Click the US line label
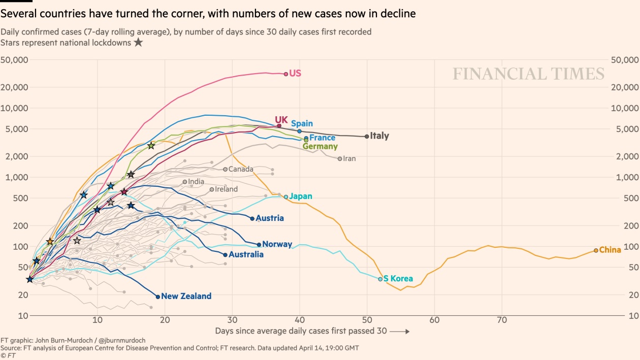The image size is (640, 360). (x=295, y=73)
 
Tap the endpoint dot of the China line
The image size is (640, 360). (x=596, y=250)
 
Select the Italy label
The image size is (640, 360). (x=379, y=136)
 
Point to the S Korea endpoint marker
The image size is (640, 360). (x=380, y=279)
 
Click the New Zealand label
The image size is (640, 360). (x=186, y=296)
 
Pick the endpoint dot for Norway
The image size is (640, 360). (x=259, y=245)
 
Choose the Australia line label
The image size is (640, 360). (x=246, y=254)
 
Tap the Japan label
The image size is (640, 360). (x=301, y=196)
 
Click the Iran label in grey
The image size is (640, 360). (x=349, y=158)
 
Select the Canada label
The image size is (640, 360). (x=241, y=169)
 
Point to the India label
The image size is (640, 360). (x=196, y=182)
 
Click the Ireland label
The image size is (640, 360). (x=226, y=189)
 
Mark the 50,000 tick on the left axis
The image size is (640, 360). (x=14, y=60)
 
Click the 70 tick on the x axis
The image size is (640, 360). (x=502, y=321)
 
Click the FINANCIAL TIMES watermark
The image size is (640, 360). (x=528, y=74)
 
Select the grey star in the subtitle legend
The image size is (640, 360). (x=138, y=43)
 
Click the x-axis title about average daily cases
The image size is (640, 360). (x=301, y=331)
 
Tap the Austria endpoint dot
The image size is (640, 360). (x=252, y=218)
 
